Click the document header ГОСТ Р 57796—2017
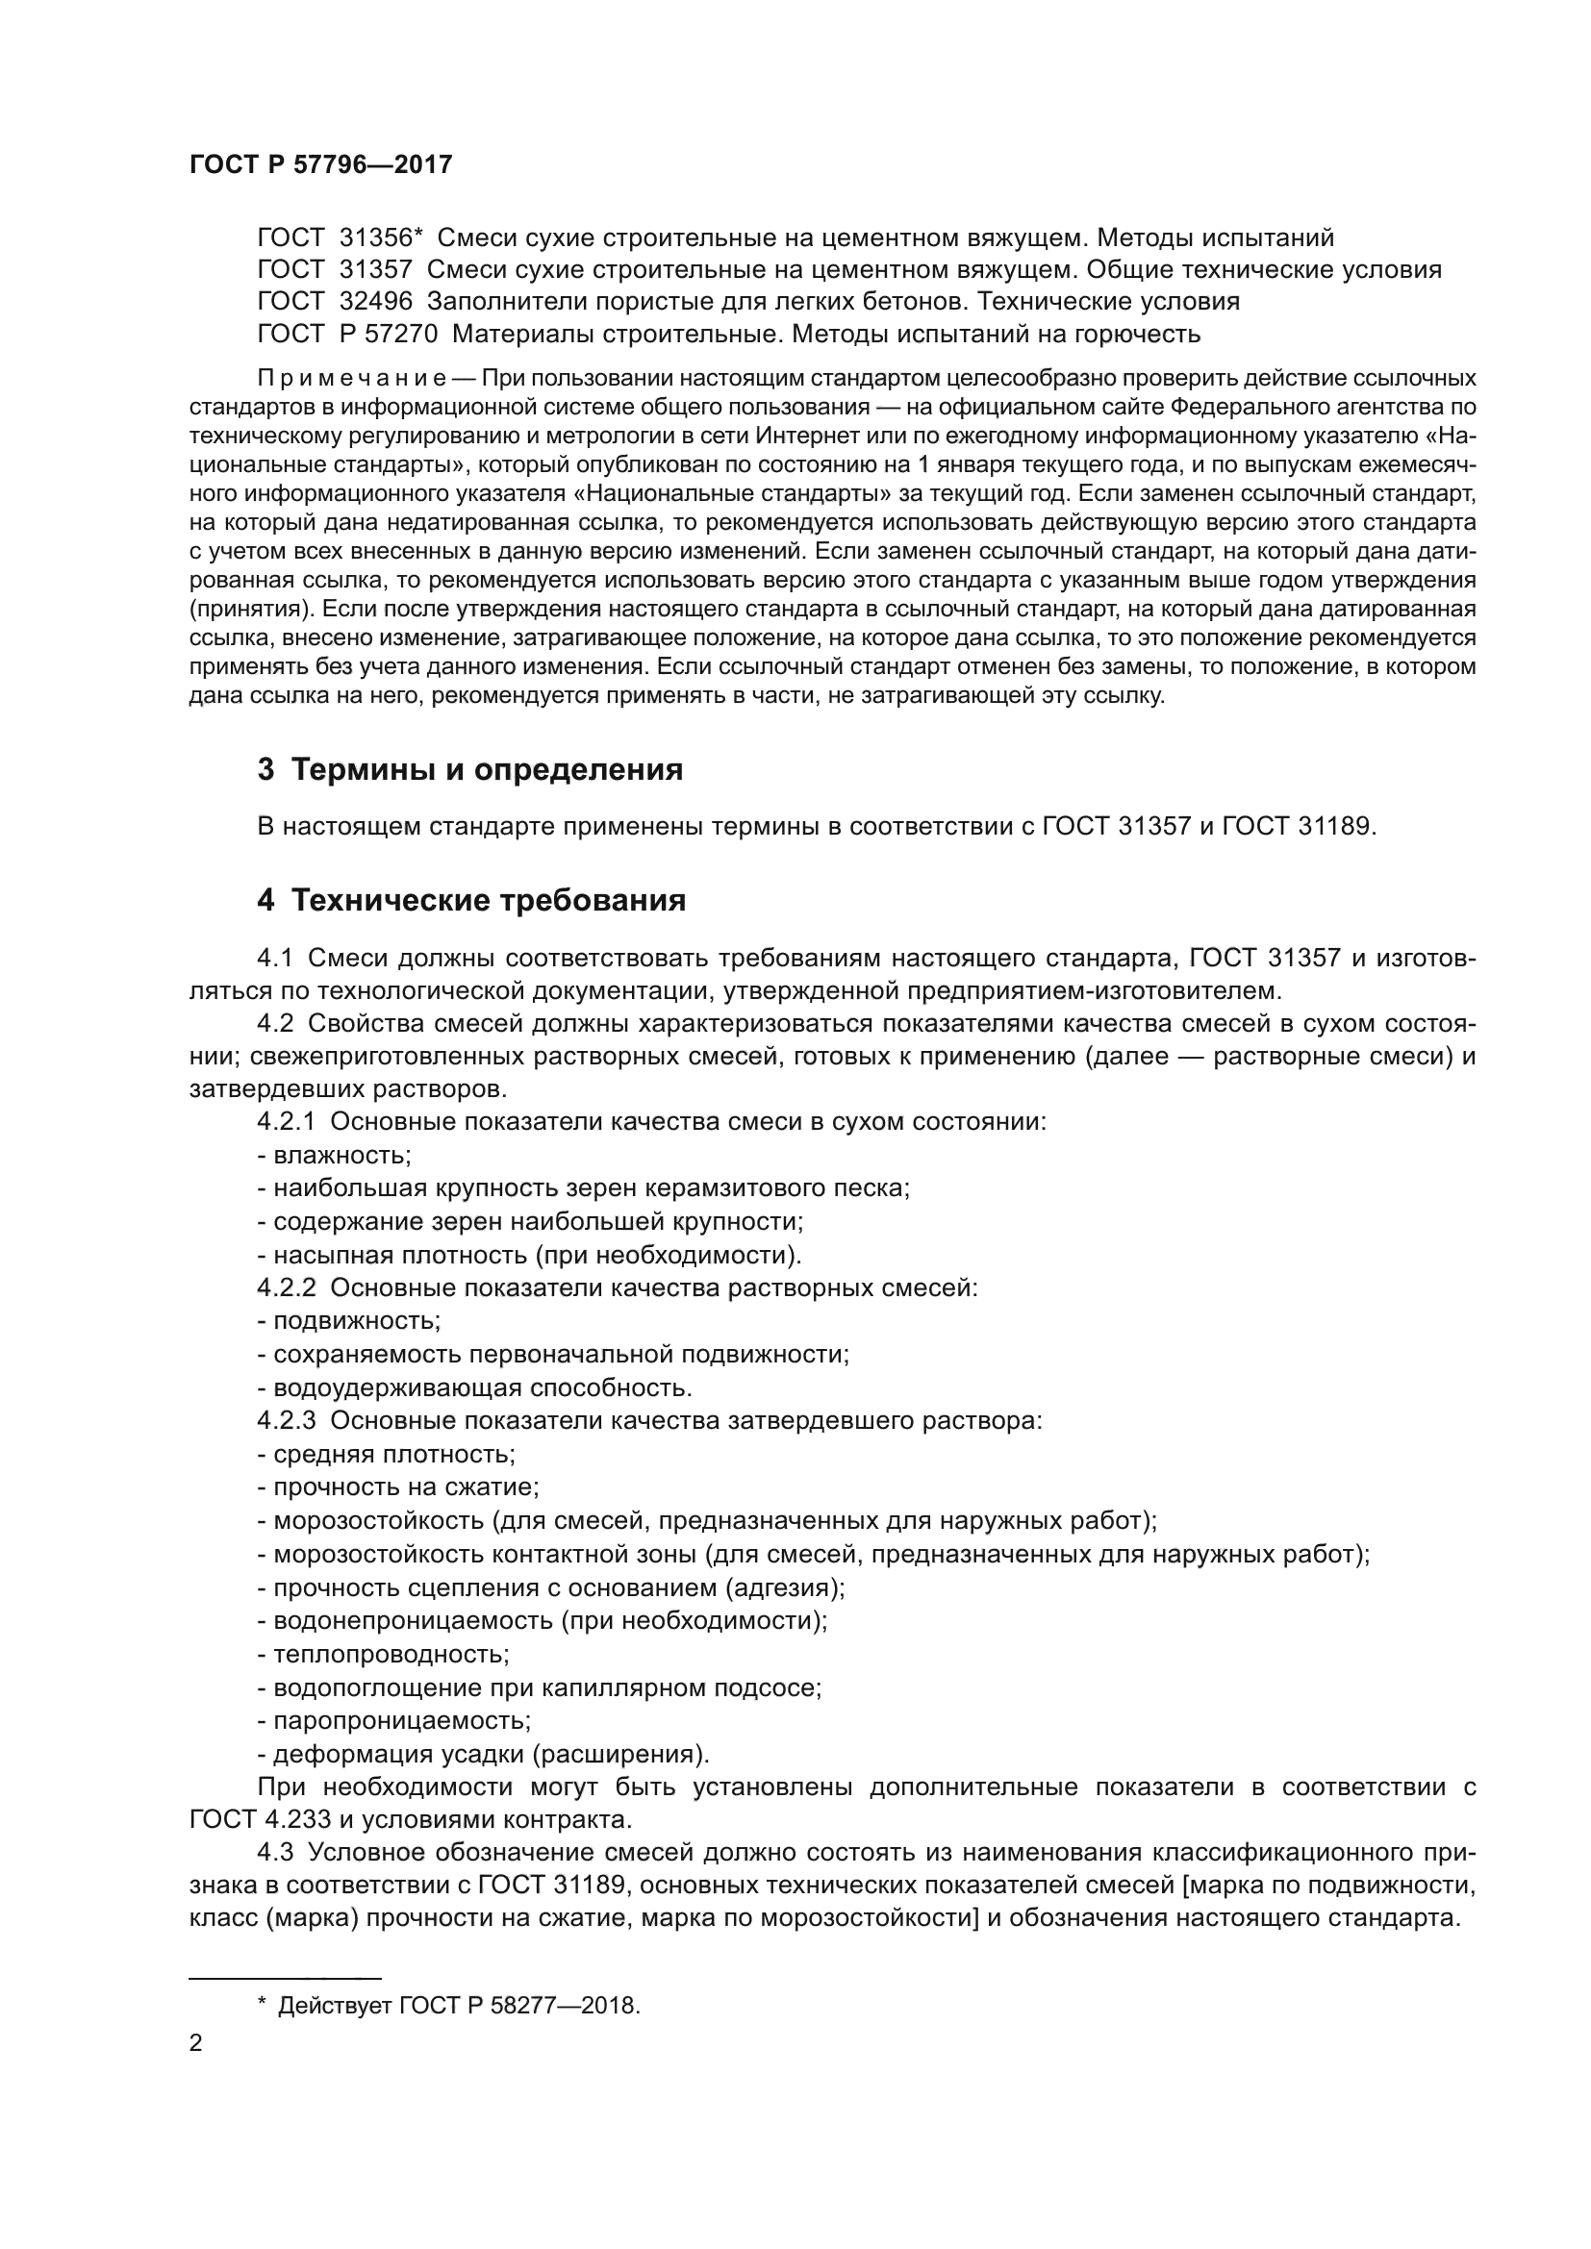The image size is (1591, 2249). point(320,164)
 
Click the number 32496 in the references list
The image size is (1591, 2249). point(375,302)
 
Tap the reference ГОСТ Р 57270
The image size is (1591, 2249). point(348,334)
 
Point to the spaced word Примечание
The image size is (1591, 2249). point(352,378)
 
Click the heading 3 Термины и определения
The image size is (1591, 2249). point(470,770)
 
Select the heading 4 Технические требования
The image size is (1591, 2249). point(471,900)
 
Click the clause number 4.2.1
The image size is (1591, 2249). point(286,1121)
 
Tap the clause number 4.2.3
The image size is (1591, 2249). point(286,1420)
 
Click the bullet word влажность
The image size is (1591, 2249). point(341,1155)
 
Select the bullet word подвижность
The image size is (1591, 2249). point(356,1320)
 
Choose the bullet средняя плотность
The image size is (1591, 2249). point(392,1454)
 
